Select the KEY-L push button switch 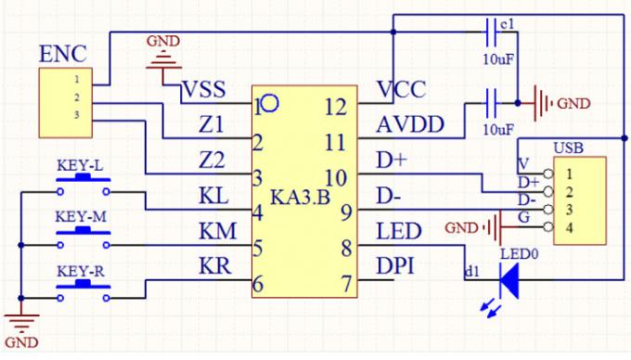(84, 186)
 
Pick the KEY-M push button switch (84, 239)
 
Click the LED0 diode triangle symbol (509, 277)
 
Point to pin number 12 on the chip (335, 105)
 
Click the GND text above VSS (163, 41)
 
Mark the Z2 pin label (212, 161)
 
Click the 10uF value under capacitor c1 (498, 60)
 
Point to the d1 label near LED (471, 271)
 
